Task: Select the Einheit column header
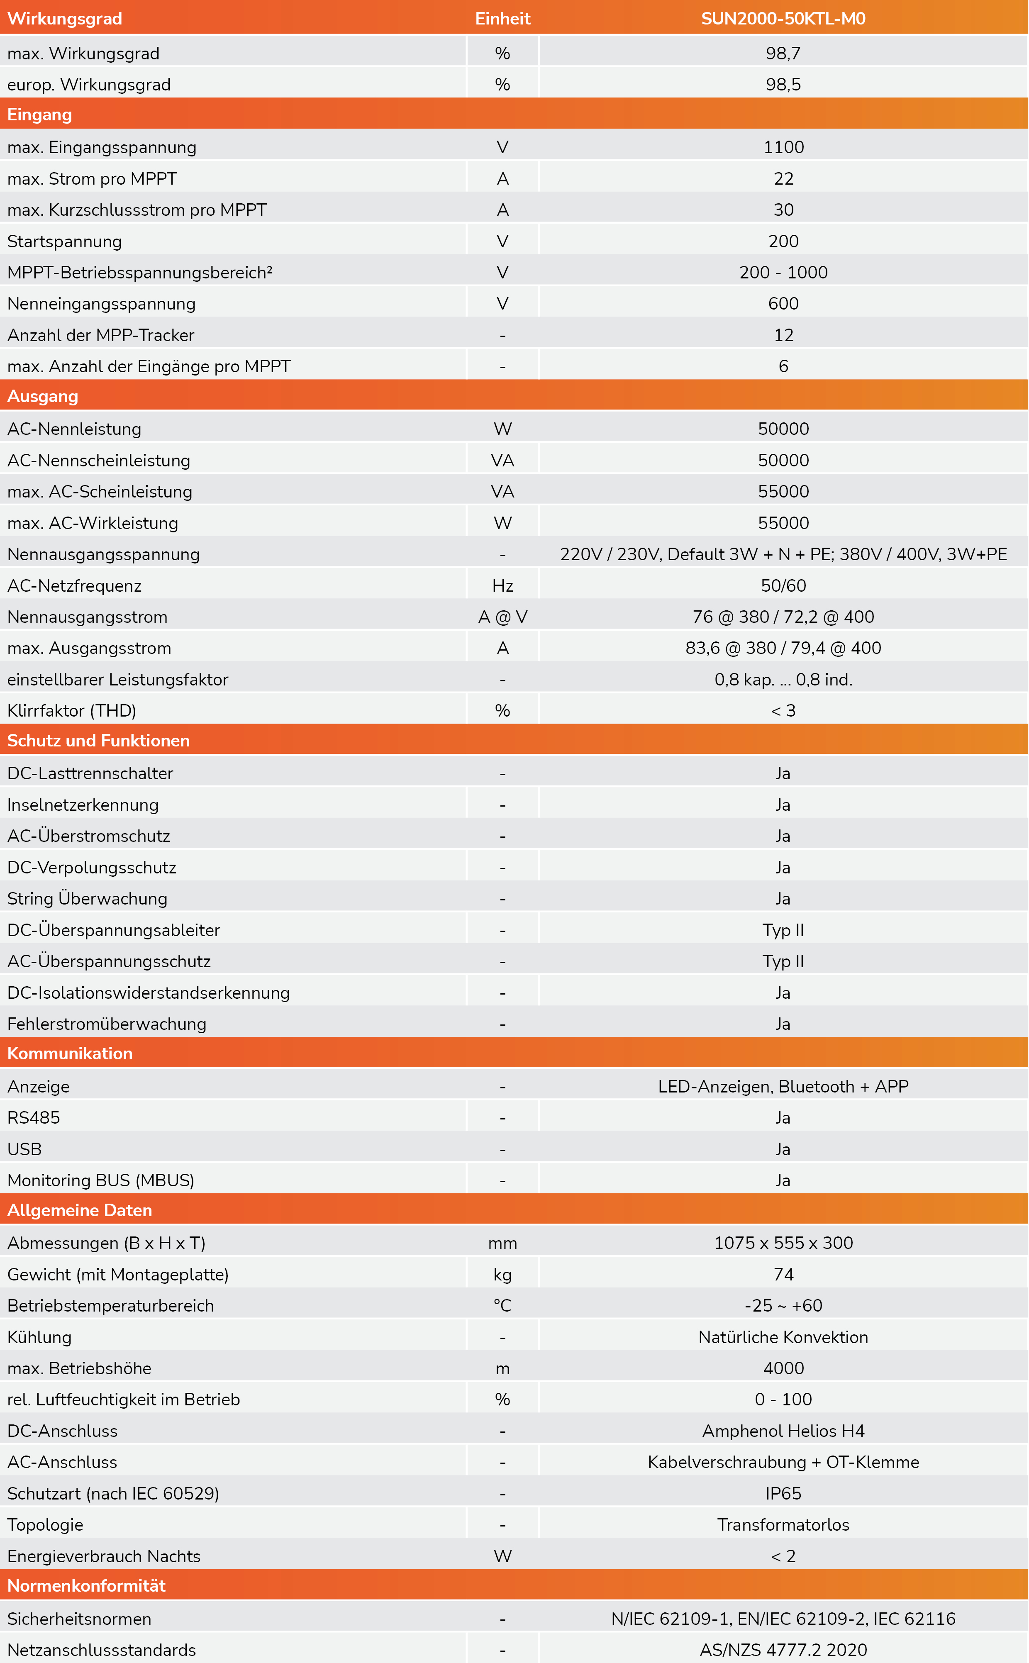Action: (502, 18)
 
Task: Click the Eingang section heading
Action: (39, 115)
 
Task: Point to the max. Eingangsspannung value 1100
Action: (783, 147)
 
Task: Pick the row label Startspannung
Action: (65, 241)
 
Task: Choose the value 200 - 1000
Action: (783, 272)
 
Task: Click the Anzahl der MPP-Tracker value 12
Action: (783, 335)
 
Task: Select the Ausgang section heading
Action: (42, 396)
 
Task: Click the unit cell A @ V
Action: (502, 617)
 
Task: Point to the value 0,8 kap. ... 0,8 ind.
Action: (783, 679)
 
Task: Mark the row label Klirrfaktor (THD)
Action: (71, 710)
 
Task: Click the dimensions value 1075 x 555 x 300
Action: (783, 1243)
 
